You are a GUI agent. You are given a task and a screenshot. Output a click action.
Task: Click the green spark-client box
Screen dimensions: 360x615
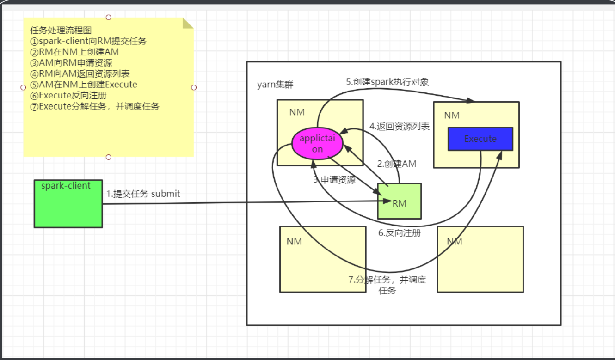[68, 204]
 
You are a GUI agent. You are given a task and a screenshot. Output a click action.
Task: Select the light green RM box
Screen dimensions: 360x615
[399, 201]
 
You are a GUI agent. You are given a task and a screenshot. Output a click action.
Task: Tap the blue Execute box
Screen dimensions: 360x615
[480, 139]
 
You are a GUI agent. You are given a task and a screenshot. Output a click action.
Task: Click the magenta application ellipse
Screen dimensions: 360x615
[317, 143]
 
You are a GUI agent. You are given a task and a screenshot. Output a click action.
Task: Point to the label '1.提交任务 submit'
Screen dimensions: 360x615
[143, 194]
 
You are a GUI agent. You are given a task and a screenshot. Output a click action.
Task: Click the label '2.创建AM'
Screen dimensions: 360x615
[397, 164]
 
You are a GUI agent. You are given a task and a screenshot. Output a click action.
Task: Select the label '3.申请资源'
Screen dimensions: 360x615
[335, 180]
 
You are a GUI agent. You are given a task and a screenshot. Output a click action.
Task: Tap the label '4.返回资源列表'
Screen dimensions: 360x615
[400, 126]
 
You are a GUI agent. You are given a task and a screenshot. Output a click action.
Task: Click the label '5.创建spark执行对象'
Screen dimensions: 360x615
[387, 82]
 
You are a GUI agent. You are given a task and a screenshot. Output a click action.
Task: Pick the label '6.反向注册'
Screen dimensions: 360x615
[400, 233]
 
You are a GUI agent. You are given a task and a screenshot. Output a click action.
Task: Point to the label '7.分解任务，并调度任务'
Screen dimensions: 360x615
[387, 285]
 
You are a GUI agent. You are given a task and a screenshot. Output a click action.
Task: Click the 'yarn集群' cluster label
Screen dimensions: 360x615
[275, 85]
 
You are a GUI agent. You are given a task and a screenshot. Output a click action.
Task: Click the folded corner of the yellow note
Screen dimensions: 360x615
[187, 23]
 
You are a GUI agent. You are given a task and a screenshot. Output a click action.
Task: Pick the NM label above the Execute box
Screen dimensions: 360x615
[451, 115]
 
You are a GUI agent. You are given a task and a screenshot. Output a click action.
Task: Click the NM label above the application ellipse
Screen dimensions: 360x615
[297, 112]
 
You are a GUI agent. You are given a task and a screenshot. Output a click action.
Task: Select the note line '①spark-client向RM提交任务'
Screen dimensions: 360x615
[88, 41]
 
